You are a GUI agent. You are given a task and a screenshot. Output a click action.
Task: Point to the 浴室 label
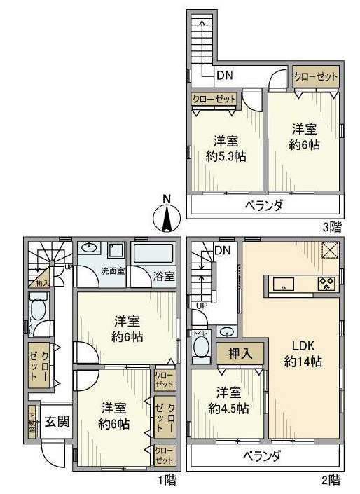163,275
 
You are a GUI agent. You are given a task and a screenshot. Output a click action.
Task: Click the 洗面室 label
112,270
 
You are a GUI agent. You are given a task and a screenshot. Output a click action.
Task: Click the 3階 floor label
331,226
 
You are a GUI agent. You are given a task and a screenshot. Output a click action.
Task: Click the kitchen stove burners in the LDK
326,284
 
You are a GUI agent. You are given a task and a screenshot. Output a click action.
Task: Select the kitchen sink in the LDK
284,284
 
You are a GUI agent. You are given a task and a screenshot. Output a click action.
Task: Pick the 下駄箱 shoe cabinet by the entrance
32,422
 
